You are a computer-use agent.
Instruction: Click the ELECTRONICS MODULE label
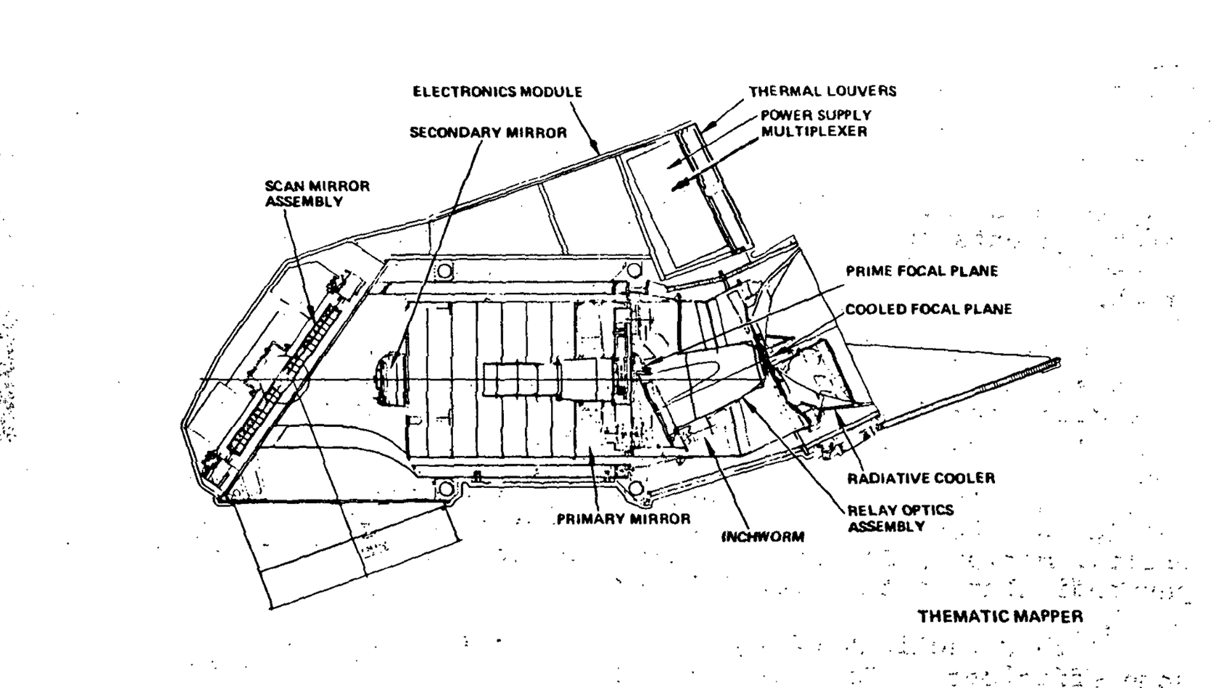497,92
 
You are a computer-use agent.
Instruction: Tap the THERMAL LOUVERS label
822,91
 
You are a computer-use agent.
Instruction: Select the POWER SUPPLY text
816,115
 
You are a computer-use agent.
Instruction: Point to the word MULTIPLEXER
814,132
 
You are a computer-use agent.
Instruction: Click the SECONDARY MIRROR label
488,133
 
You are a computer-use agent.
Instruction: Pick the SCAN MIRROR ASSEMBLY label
317,194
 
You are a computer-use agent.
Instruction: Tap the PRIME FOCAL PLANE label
922,271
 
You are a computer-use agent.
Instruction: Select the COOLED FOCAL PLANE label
928,310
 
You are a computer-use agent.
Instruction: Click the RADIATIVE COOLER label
920,478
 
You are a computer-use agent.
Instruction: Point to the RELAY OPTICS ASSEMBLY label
900,518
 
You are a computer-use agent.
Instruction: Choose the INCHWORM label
762,537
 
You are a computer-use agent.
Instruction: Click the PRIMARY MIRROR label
624,519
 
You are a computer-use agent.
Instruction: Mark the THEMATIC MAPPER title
1000,617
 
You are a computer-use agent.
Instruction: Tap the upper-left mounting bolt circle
444,271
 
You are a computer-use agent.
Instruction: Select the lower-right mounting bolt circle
635,489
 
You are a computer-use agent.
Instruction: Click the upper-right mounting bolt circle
634,271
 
